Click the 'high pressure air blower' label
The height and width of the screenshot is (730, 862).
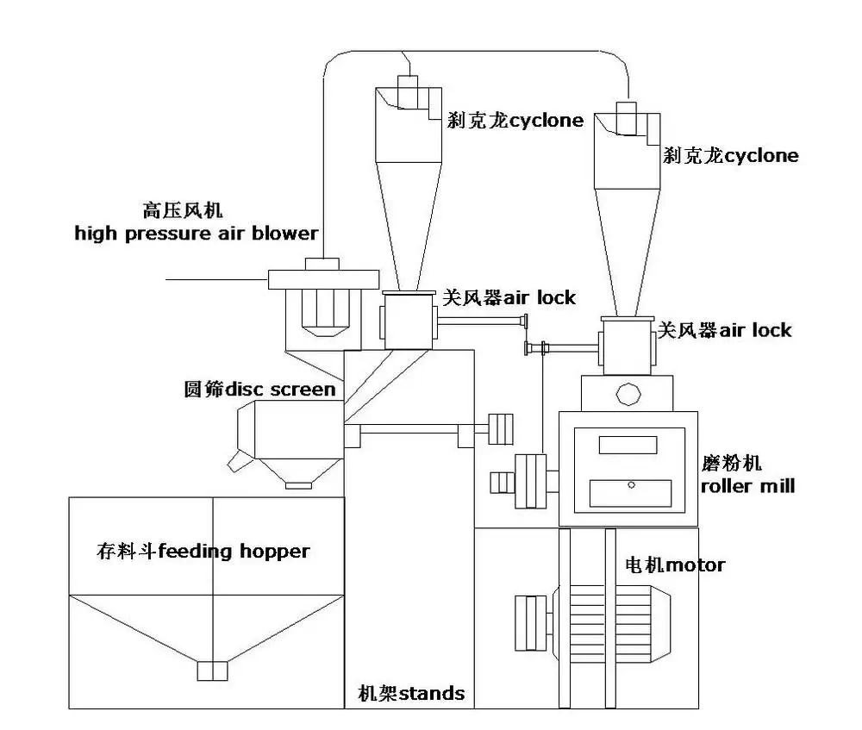point(196,233)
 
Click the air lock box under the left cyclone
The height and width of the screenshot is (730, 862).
point(408,320)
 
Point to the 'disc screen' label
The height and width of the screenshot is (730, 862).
point(259,390)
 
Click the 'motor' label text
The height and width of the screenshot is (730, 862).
point(675,566)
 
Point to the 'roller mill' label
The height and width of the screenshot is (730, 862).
point(746,476)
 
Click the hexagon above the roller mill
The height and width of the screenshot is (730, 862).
point(628,395)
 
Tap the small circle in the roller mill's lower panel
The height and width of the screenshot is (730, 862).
point(631,485)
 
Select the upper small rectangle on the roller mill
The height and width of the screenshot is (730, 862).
point(628,445)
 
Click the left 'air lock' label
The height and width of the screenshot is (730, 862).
point(509,298)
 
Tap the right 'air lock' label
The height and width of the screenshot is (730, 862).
point(724,330)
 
